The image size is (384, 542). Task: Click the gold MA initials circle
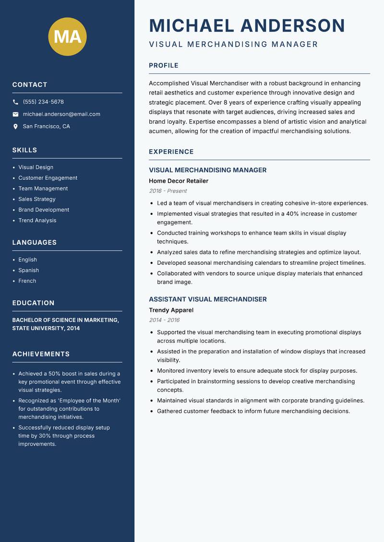[x=67, y=36]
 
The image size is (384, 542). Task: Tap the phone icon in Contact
[x=15, y=102]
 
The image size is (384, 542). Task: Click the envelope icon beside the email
[x=15, y=114]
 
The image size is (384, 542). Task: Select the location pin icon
[x=15, y=127]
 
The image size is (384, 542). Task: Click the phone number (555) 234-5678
[x=43, y=102]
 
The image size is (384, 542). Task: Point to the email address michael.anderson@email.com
[x=61, y=114]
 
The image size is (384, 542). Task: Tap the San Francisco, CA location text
[x=46, y=127]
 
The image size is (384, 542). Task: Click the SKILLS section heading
[x=24, y=150]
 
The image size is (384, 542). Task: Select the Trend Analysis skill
[x=37, y=221]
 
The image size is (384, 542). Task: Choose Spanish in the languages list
[x=28, y=271]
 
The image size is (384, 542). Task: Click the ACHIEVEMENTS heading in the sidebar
[x=41, y=354]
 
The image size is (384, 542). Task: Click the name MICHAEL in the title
[x=192, y=25]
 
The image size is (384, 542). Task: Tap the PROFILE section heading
[x=163, y=66]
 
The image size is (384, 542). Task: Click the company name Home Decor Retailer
[x=179, y=181]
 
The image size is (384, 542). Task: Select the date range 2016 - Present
[x=168, y=191]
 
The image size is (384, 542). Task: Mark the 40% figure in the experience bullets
[x=293, y=214]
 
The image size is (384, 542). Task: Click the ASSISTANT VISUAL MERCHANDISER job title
[x=207, y=299]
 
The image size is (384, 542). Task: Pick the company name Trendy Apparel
[x=171, y=310]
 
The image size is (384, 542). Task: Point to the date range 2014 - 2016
[x=164, y=320]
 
